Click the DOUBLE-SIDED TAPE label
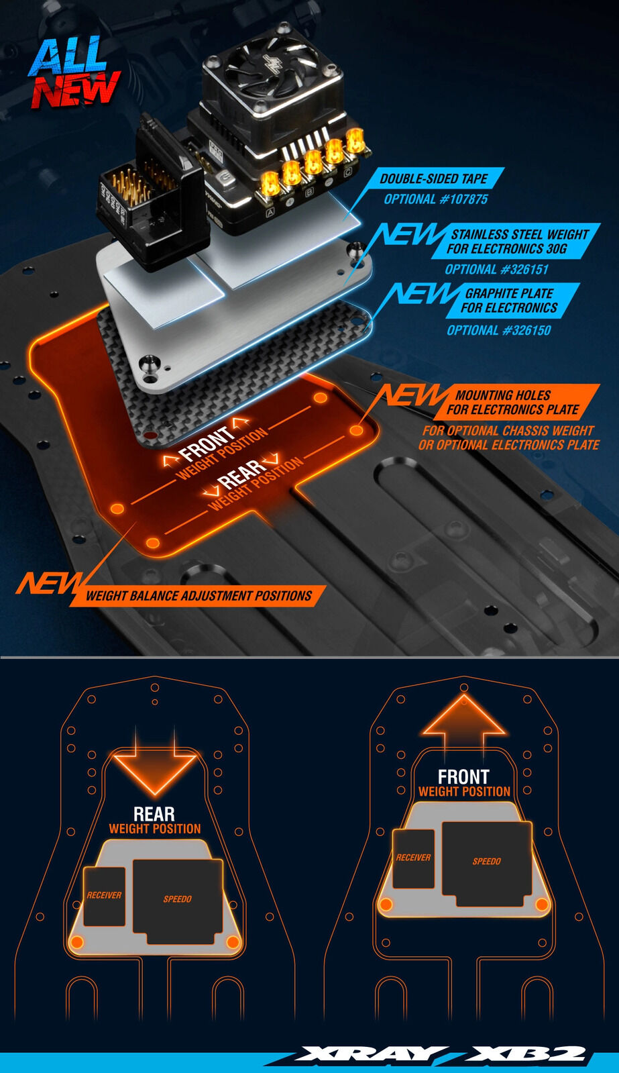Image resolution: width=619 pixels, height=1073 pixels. [x=434, y=178]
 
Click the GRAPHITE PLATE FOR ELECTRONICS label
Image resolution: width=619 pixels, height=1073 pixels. [x=510, y=301]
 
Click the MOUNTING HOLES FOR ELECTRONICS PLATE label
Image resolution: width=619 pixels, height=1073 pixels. [x=513, y=403]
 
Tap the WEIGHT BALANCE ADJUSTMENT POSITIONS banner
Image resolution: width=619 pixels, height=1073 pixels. [x=199, y=595]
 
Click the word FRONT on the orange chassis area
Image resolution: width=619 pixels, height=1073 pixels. [x=207, y=443]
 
